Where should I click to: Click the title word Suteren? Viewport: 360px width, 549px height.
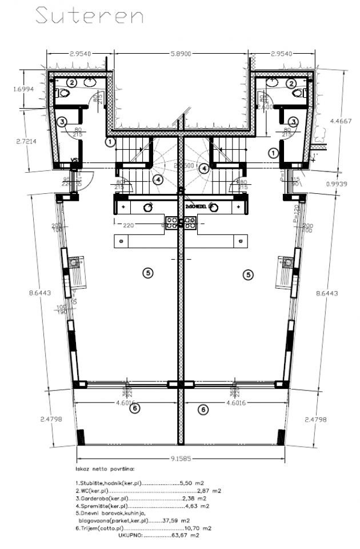tap(89, 16)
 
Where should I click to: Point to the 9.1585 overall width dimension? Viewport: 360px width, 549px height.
tap(181, 458)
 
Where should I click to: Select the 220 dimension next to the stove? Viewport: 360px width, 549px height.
tap(128, 225)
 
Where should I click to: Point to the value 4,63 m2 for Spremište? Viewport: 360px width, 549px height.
tap(197, 506)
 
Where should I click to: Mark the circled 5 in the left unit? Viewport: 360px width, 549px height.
tap(147, 274)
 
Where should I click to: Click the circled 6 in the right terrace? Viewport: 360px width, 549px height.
tap(202, 409)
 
